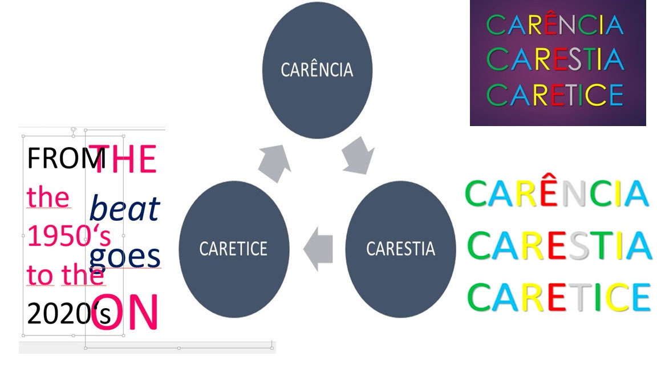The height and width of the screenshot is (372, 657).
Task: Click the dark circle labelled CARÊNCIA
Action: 317,70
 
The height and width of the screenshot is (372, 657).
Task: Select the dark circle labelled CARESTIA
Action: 400,249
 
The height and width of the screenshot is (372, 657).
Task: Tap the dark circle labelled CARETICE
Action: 233,249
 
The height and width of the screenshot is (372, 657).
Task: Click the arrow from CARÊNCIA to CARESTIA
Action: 359,155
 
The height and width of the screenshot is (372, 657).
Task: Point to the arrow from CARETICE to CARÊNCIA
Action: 274,163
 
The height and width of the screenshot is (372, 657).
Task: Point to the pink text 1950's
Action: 68,236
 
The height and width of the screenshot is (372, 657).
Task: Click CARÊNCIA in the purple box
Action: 554,25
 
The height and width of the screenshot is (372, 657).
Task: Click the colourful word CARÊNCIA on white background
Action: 557,194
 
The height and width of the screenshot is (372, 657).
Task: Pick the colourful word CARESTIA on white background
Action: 559,245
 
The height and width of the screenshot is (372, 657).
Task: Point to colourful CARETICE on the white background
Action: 559,297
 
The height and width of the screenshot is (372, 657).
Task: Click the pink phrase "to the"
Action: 66,276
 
